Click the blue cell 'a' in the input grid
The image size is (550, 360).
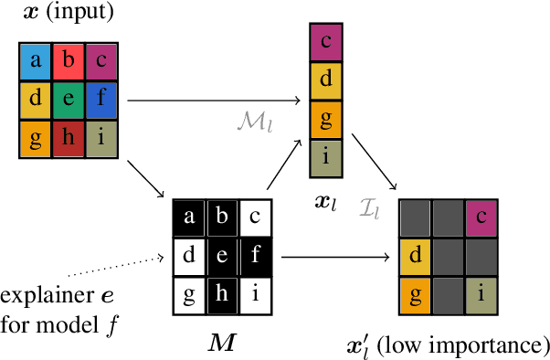click(x=36, y=61)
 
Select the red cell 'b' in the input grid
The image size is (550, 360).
click(x=69, y=61)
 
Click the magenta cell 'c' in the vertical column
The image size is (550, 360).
click(x=327, y=42)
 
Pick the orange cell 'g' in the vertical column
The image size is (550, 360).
click(x=327, y=119)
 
